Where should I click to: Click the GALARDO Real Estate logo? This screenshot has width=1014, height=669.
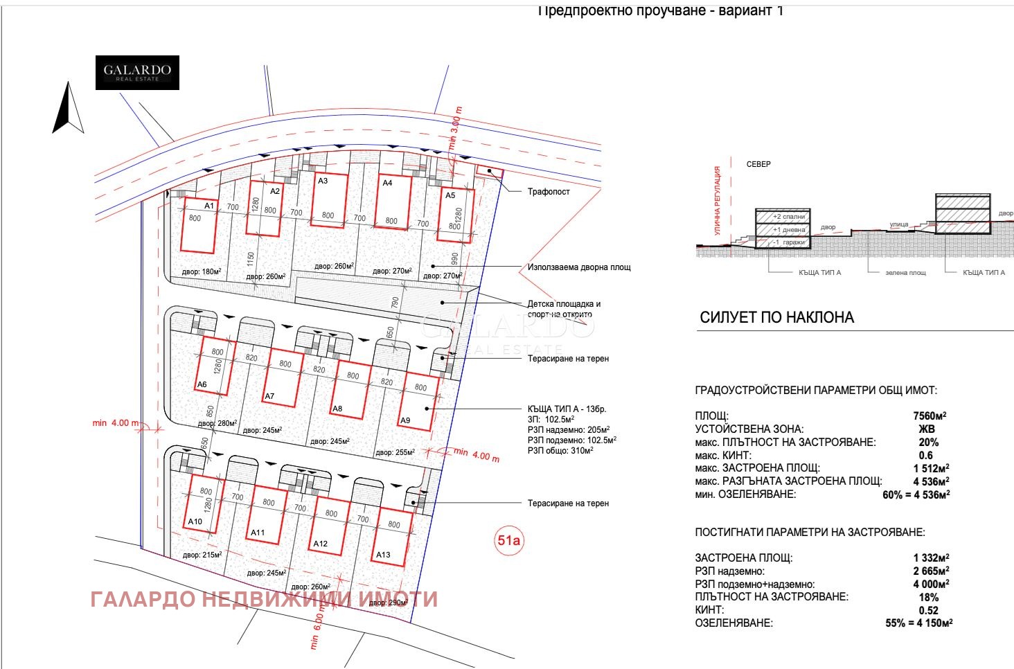coord(137,73)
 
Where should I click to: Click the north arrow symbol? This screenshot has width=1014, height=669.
coord(68,109)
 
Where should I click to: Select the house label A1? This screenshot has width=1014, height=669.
coord(209,206)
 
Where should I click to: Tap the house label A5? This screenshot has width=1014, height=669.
coord(450,195)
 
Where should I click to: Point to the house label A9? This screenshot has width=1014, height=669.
coord(405,420)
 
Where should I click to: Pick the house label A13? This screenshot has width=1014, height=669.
coord(383,555)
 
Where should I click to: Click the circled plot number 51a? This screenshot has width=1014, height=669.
coord(508,540)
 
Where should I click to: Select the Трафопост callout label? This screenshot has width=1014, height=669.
coord(549,192)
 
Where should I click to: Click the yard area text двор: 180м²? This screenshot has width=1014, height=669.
coord(201,272)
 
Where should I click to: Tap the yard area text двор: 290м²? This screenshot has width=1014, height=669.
coord(388,603)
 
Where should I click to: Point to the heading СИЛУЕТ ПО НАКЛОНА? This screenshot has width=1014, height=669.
coord(776,318)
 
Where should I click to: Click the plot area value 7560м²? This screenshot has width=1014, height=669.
coord(930,416)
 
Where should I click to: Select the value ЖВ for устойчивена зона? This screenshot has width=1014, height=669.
coord(927,429)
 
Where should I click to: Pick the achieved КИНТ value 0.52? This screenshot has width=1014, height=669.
coord(928,610)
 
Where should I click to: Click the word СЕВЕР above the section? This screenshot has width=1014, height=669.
coord(758,164)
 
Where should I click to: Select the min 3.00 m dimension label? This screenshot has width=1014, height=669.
coord(455,128)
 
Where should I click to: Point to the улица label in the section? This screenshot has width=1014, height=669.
coord(898,224)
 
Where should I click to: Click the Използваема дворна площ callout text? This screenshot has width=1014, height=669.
coord(579,267)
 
